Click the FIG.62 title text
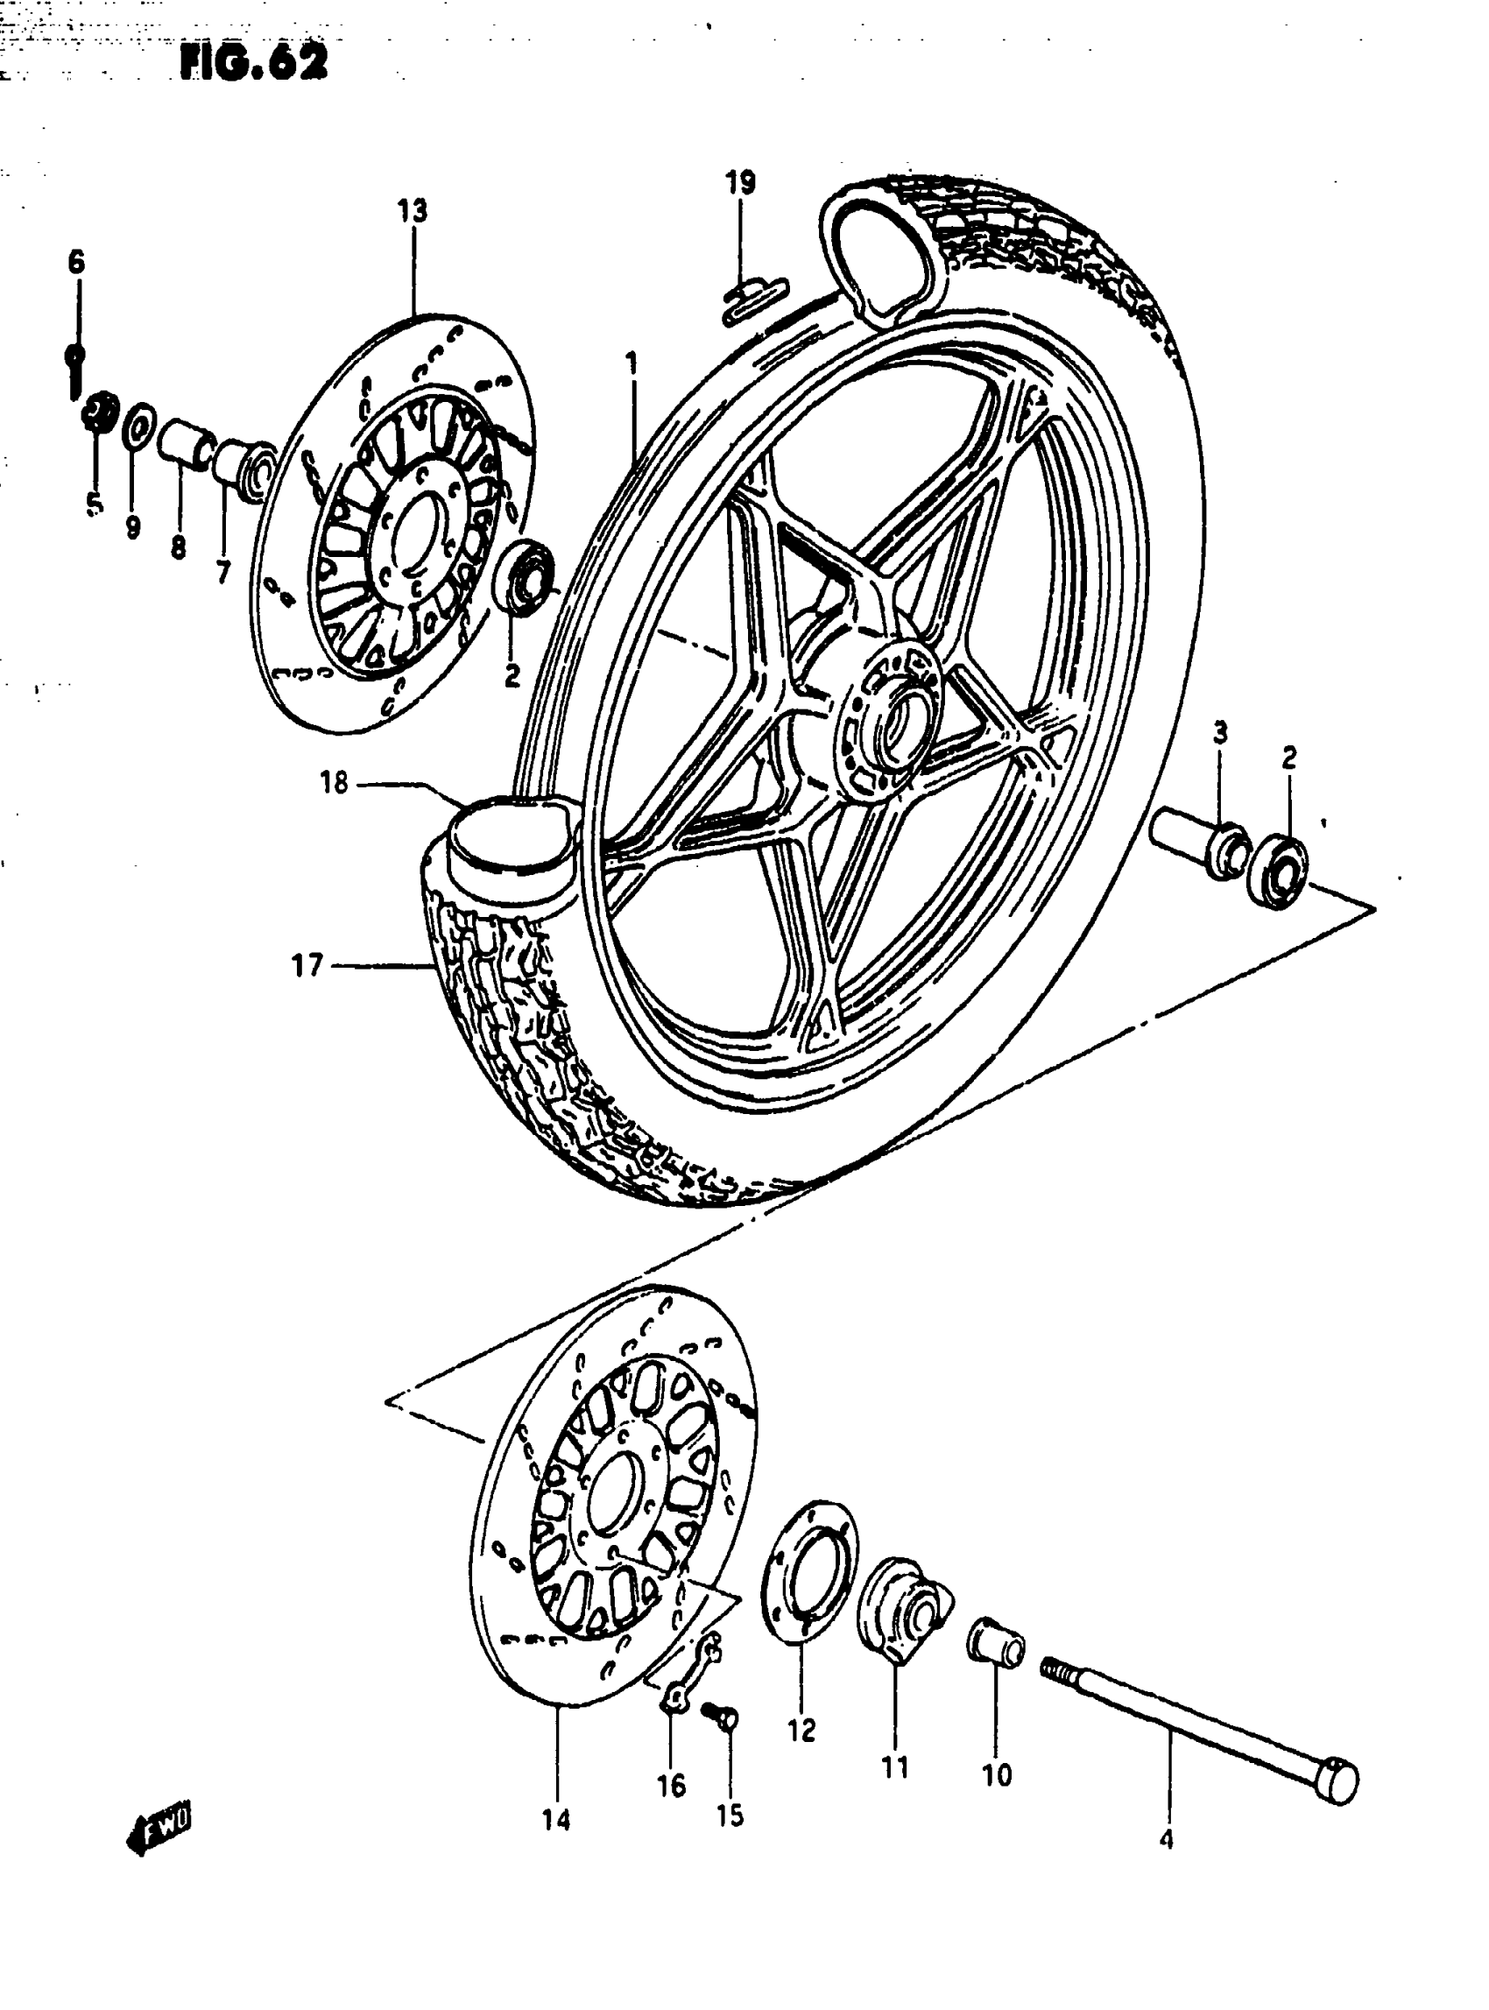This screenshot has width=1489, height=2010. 253,62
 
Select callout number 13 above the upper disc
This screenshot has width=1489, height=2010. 412,211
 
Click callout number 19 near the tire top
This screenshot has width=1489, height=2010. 740,183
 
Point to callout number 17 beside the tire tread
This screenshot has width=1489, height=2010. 307,966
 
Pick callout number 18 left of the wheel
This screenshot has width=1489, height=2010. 334,782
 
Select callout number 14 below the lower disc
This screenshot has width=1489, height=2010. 556,1821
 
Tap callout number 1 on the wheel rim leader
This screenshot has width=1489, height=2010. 632,364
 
